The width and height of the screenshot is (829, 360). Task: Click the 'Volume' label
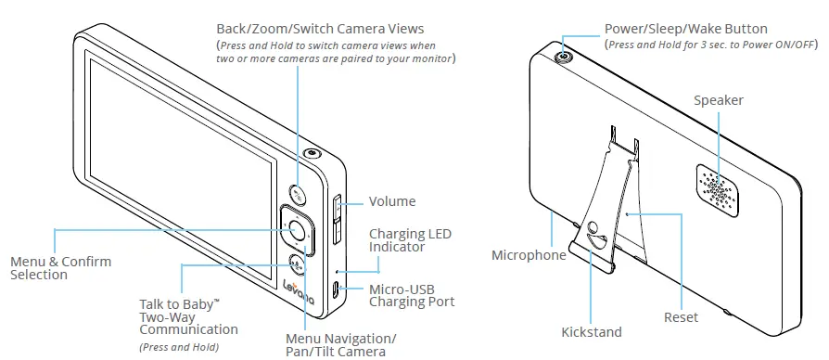click(x=392, y=201)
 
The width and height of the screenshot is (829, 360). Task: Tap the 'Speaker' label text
click(x=719, y=99)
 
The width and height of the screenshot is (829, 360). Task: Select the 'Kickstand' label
click(x=592, y=331)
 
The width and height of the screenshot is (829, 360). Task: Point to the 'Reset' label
click(x=681, y=317)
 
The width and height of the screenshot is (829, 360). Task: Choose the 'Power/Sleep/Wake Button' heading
click(x=685, y=30)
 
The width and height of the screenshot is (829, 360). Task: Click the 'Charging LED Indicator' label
click(x=410, y=241)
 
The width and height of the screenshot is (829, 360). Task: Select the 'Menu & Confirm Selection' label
click(x=61, y=268)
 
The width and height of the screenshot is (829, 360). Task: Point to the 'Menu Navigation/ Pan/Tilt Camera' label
click(x=340, y=342)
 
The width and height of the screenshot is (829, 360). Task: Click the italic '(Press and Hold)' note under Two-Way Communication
click(x=178, y=347)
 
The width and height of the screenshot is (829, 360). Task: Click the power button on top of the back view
click(x=564, y=57)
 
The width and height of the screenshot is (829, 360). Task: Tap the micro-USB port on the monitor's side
click(x=335, y=289)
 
